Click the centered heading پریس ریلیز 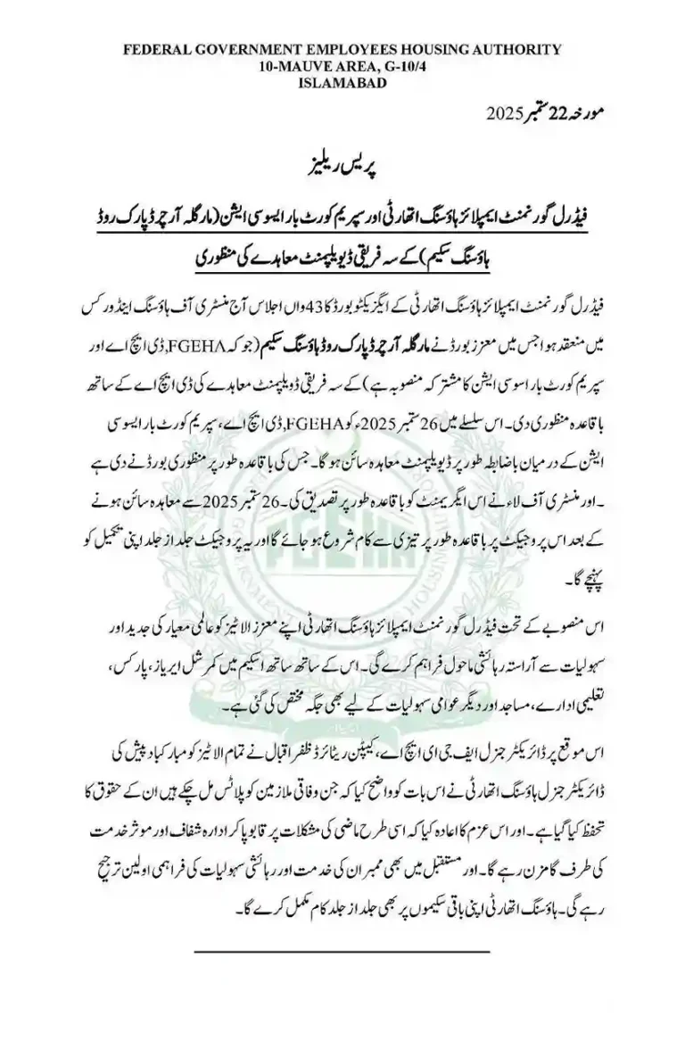342,168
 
